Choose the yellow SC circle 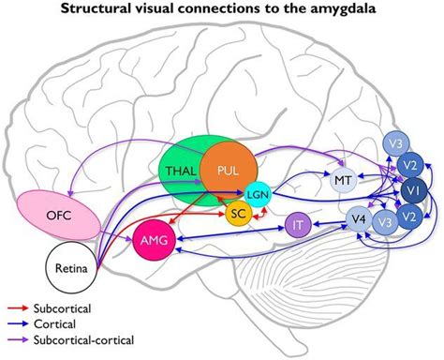coord(238,215)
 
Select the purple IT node coord(298,226)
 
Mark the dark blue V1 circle coord(412,191)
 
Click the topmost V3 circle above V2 coord(394,143)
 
